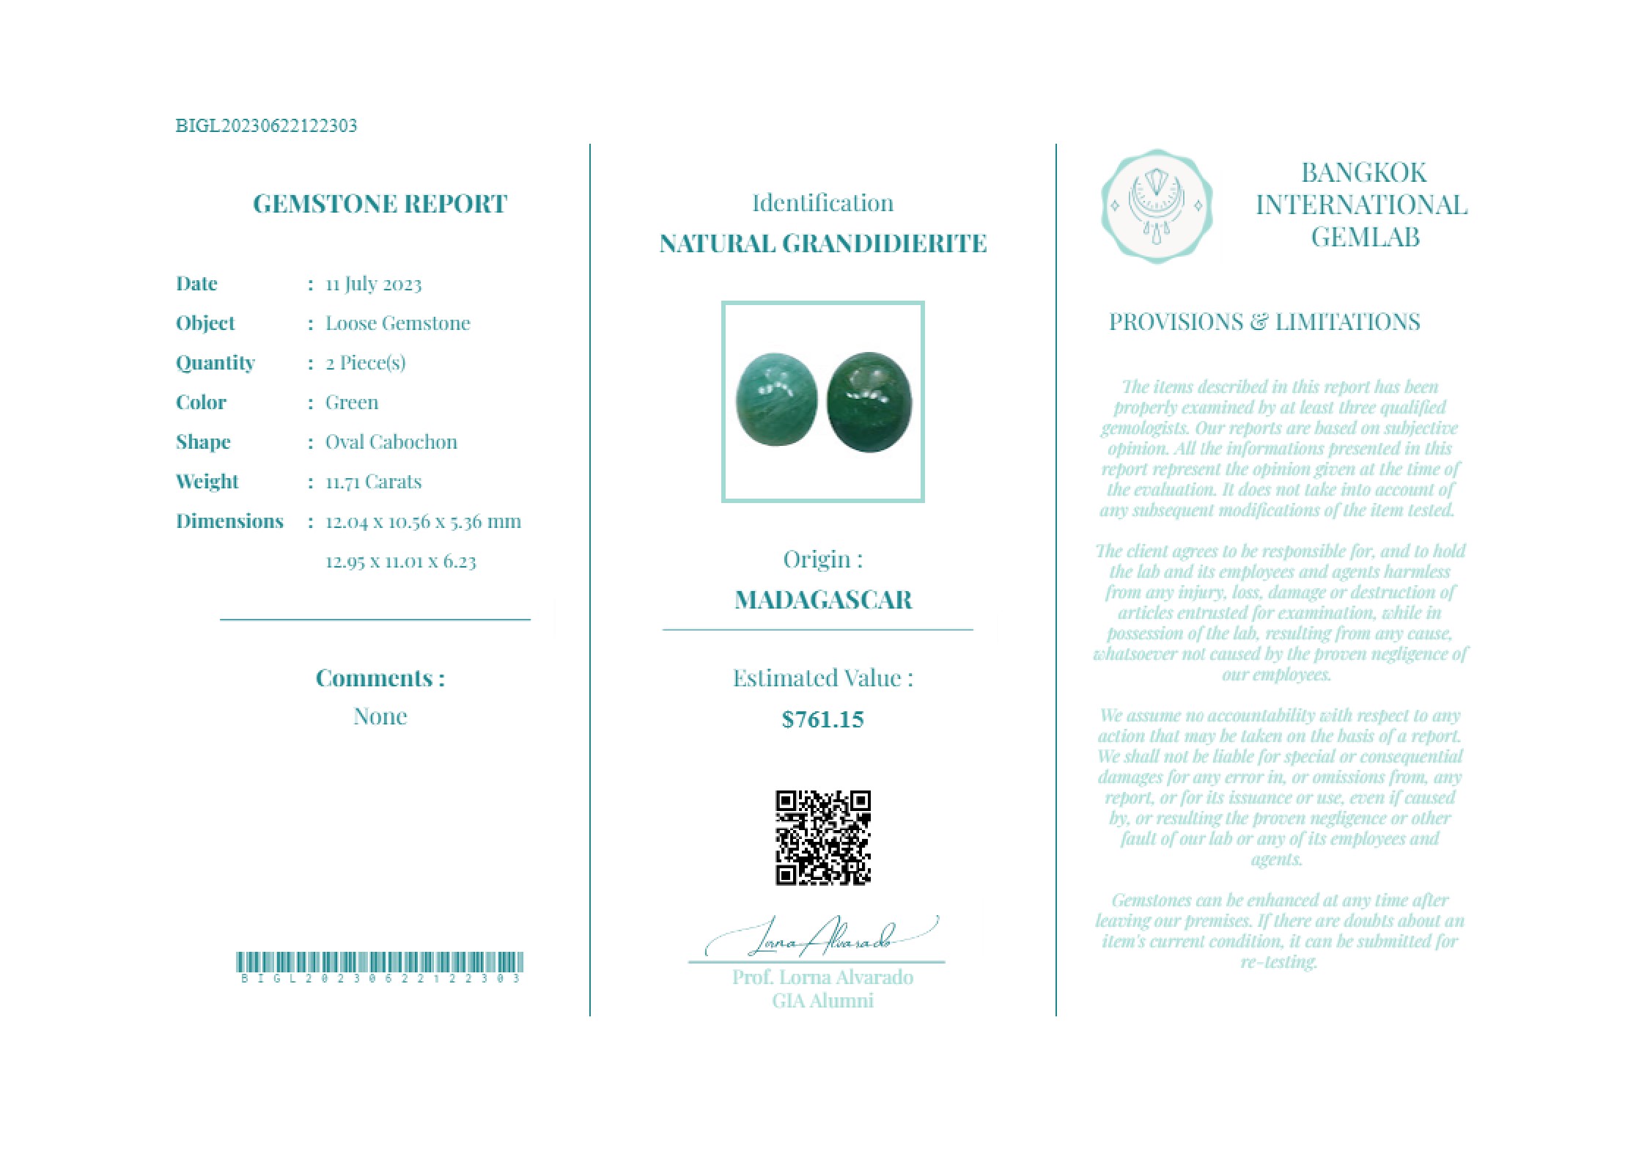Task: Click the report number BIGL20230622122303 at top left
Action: (x=266, y=125)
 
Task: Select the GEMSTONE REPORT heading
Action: (x=380, y=203)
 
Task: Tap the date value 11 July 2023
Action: (x=373, y=284)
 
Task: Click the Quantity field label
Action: (x=215, y=362)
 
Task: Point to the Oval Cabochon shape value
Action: (x=391, y=441)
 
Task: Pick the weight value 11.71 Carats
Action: (x=373, y=482)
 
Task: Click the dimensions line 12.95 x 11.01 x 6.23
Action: (x=400, y=562)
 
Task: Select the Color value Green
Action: (x=352, y=402)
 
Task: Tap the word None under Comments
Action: (x=380, y=716)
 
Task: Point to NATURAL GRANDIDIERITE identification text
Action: (x=822, y=243)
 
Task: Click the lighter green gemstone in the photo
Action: (x=776, y=400)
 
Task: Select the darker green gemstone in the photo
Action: (x=869, y=402)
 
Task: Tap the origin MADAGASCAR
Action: (x=822, y=600)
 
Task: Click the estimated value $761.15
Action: (x=822, y=719)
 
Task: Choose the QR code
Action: (x=822, y=837)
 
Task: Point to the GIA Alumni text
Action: (x=822, y=1001)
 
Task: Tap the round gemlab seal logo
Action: (x=1156, y=206)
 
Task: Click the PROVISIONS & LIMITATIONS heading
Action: (x=1264, y=322)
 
